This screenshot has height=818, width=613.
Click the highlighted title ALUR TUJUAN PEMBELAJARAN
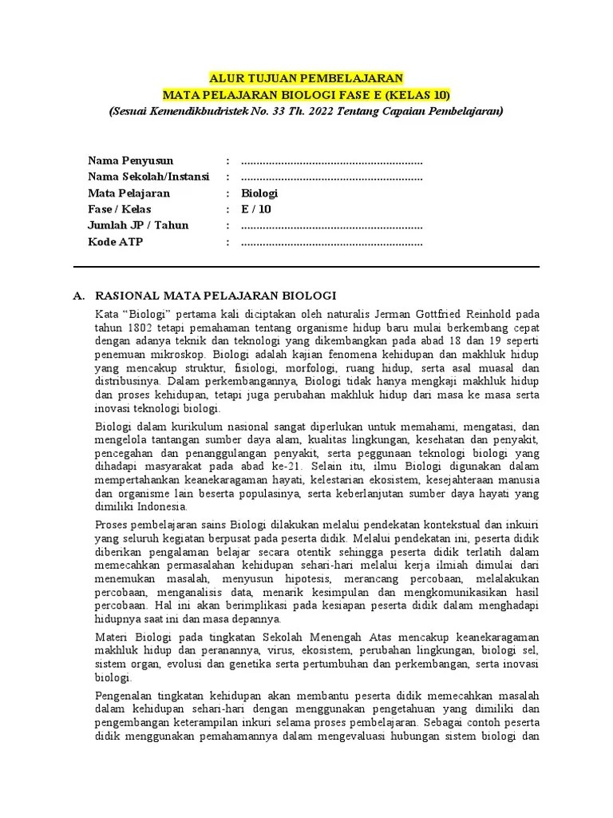pos(306,78)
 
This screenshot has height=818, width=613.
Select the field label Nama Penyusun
pos(130,161)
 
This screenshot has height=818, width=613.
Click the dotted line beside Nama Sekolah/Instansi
pos(331,177)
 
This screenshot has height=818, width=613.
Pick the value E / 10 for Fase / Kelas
pos(256,209)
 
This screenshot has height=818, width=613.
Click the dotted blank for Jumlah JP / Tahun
pos(331,225)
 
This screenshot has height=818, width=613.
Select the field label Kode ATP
pos(115,242)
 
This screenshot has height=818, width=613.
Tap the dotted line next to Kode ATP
pos(331,242)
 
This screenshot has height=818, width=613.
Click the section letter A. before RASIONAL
pos(79,296)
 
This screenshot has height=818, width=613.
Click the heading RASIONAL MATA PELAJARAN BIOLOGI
pos(216,296)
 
